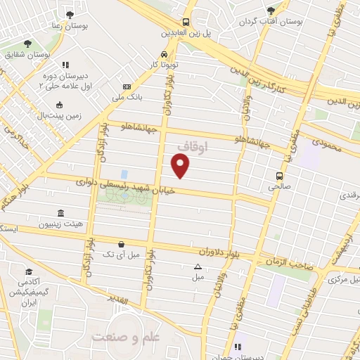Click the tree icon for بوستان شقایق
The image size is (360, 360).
(x=27, y=44)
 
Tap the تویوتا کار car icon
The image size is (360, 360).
(x=164, y=54)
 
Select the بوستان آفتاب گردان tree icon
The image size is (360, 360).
(x=271, y=10)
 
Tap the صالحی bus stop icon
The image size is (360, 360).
(x=279, y=176)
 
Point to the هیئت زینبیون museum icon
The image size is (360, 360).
(x=60, y=213)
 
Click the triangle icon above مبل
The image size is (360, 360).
(x=198, y=266)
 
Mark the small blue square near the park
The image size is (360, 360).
(x=124, y=174)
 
